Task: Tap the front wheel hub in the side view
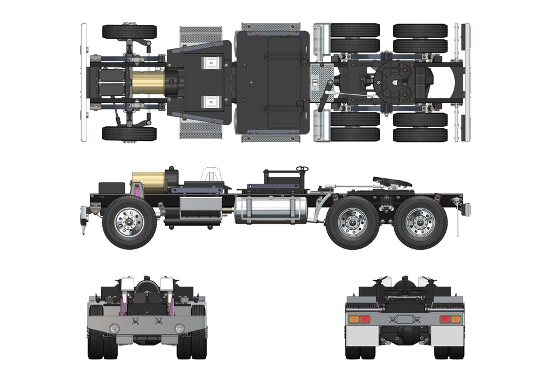[x=129, y=222]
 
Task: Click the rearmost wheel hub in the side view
[x=420, y=222]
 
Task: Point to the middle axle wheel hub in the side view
[x=353, y=222]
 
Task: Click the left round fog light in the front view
[x=114, y=328]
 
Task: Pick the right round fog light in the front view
[x=180, y=328]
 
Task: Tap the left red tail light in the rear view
[x=365, y=319]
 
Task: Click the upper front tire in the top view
[x=129, y=31]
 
